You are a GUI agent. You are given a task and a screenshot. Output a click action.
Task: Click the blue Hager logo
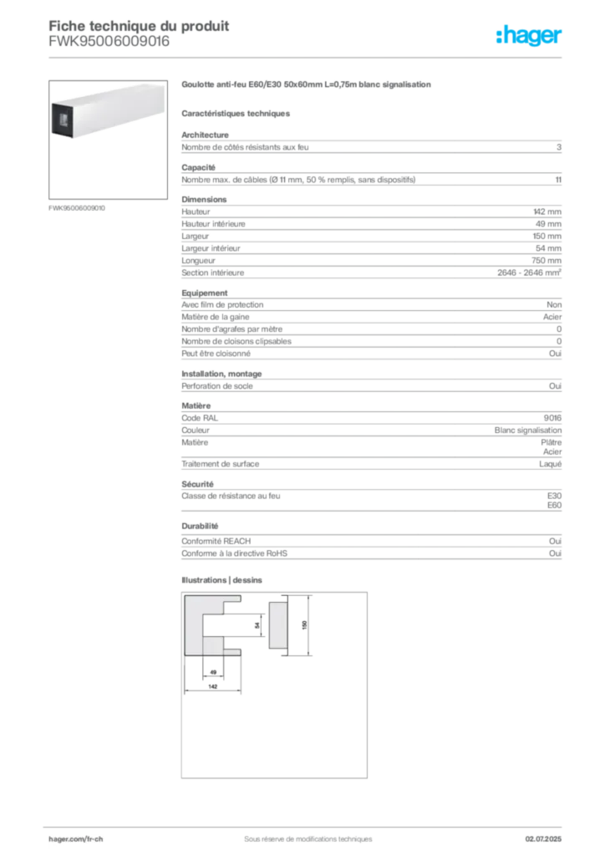click(x=530, y=37)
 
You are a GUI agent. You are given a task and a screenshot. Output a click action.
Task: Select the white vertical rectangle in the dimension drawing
click(x=278, y=624)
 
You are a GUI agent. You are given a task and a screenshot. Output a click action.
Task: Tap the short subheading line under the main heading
click(x=237, y=112)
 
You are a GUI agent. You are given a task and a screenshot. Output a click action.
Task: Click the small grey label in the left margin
click(x=76, y=207)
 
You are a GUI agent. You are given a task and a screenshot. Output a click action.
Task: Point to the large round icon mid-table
click(x=198, y=424)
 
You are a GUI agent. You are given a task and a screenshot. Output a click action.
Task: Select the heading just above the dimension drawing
click(x=224, y=580)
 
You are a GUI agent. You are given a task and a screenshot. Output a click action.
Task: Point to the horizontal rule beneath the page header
click(x=308, y=57)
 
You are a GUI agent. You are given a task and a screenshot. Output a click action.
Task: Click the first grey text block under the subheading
click(x=371, y=147)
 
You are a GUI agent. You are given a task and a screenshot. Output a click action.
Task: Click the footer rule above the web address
click(x=308, y=824)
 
